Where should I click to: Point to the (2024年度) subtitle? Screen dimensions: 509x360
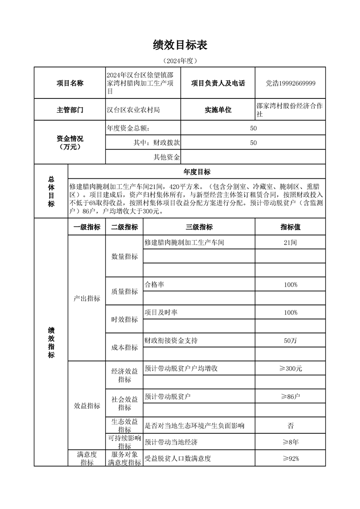[180, 60]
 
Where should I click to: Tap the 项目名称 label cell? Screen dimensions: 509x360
[69, 83]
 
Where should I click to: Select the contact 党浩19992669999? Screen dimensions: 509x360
[291, 83]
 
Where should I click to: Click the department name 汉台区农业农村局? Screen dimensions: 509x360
[133, 110]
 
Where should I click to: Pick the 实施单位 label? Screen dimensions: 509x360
[218, 110]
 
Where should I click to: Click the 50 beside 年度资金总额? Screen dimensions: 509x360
[253, 128]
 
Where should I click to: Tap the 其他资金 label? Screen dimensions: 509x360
[167, 157]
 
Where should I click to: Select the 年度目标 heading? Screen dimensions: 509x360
[197, 171]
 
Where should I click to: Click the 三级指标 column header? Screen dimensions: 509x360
[199, 227]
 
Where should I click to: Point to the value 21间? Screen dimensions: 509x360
[290, 243]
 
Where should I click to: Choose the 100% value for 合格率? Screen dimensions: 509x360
[290, 284]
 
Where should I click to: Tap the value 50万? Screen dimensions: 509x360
[290, 341]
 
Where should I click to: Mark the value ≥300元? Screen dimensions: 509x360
[290, 368]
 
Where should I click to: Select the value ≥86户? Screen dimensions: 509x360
[290, 396]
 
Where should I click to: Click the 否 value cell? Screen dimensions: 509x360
[290, 426]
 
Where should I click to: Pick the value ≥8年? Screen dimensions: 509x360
[290, 442]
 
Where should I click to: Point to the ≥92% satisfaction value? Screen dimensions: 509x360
[290, 458]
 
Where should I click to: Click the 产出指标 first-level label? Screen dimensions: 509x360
[87, 299]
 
